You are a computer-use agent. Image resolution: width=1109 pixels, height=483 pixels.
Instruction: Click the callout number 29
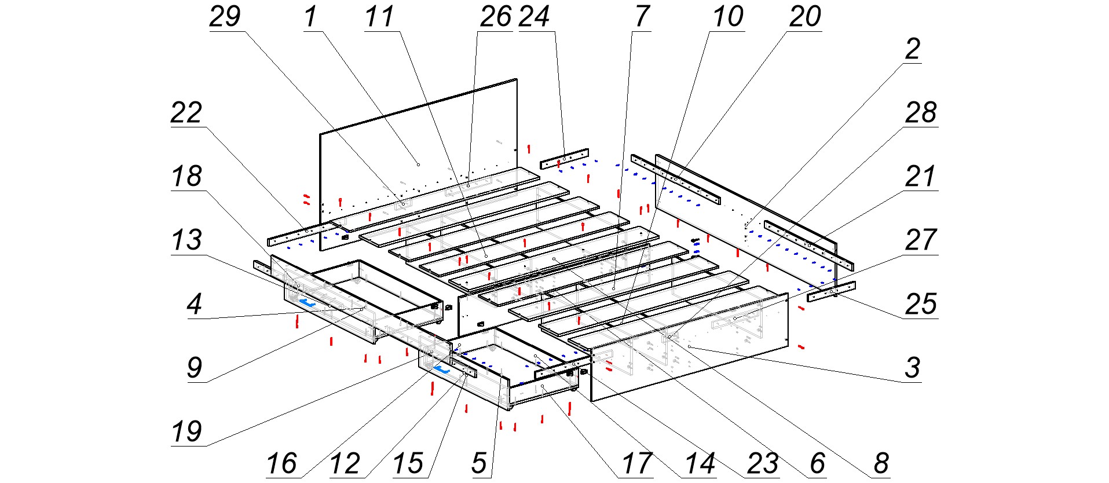225,16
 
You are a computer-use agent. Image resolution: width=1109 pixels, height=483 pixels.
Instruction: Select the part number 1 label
311,16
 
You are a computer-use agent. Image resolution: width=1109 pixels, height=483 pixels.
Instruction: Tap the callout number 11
379,16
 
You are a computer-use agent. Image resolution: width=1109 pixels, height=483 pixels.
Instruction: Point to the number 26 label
496,16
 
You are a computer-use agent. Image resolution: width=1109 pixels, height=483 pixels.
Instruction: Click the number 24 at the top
534,16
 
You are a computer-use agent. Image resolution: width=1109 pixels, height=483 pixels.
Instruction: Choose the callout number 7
642,16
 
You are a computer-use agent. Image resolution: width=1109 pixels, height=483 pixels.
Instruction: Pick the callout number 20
805,16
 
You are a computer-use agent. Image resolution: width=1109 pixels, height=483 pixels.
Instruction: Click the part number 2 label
912,49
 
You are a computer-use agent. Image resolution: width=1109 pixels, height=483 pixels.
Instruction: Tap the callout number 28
921,112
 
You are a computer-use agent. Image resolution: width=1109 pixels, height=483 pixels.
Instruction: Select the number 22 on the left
186,112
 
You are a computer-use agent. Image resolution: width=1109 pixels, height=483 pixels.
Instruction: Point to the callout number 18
186,176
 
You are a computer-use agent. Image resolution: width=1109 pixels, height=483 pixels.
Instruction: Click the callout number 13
186,240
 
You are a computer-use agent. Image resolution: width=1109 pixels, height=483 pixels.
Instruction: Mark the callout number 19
186,431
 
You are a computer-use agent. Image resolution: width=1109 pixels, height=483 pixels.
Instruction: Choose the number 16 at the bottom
281,463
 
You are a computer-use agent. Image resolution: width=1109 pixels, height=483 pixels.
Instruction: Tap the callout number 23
762,463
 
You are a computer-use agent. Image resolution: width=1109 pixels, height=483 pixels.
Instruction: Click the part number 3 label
912,367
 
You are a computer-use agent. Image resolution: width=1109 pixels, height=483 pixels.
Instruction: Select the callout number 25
921,303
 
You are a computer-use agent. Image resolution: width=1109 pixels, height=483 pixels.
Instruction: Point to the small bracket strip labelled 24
565,158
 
